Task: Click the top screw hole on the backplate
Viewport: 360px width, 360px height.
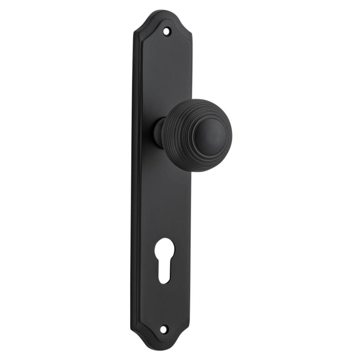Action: point(166,31)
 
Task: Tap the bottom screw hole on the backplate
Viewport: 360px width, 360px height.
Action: point(163,329)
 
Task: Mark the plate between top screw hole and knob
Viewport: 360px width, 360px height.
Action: point(166,72)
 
